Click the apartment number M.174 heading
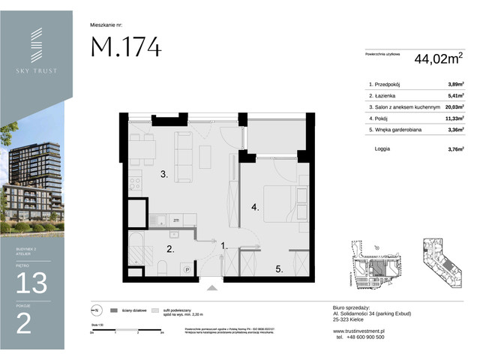pyautogui.click(x=126, y=46)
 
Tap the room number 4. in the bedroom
pyautogui.click(x=255, y=207)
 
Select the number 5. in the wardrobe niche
pyautogui.click(x=277, y=268)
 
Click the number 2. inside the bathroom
pyautogui.click(x=170, y=250)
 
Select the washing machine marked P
pyautogui.click(x=186, y=269)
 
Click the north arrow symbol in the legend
pyautogui.click(x=95, y=310)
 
